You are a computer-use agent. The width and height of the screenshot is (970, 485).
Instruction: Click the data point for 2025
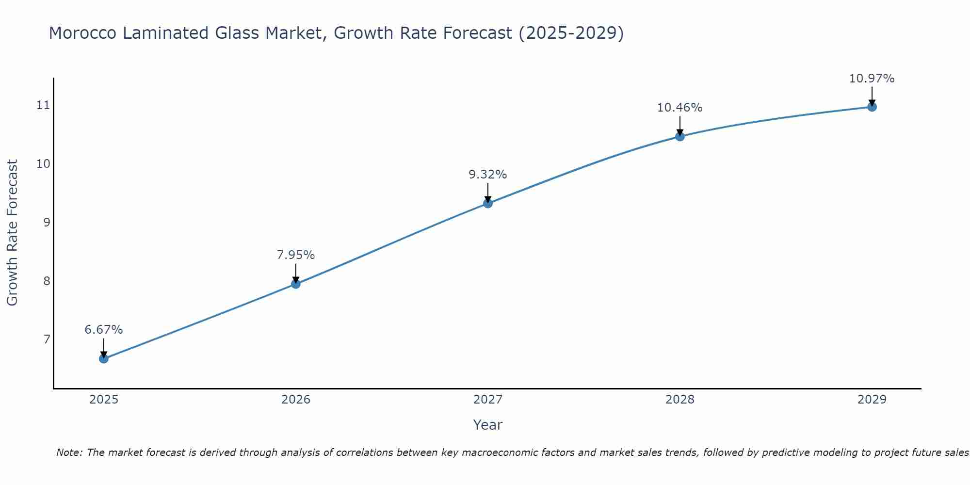click(x=104, y=358)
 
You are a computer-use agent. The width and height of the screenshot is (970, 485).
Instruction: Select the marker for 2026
click(x=296, y=284)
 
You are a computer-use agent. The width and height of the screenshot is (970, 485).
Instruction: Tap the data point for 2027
click(x=488, y=203)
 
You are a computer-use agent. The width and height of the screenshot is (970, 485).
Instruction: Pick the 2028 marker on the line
click(x=680, y=136)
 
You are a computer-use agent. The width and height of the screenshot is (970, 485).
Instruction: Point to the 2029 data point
click(x=872, y=107)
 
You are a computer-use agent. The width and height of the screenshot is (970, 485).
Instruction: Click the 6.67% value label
click(x=104, y=330)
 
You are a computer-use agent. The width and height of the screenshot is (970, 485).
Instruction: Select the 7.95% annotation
click(x=296, y=255)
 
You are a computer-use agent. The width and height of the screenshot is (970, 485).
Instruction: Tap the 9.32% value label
click(x=488, y=175)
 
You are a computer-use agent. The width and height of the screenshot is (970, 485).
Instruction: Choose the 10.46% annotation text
click(x=680, y=108)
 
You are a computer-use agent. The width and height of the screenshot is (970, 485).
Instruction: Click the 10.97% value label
click(x=872, y=79)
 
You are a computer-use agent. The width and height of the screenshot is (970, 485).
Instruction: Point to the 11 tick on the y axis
click(x=44, y=105)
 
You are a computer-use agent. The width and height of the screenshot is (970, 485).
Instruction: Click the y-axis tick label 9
click(x=47, y=223)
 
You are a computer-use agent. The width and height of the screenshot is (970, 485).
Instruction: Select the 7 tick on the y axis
click(x=47, y=339)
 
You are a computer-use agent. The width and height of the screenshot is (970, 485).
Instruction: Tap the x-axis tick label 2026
click(x=296, y=400)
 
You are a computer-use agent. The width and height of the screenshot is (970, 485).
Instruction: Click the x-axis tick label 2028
click(x=680, y=400)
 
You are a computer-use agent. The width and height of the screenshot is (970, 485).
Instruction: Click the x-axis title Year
click(x=488, y=425)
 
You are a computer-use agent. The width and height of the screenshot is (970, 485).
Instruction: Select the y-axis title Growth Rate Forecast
click(x=13, y=233)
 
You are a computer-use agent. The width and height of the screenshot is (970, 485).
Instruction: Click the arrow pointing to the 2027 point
click(x=488, y=193)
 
